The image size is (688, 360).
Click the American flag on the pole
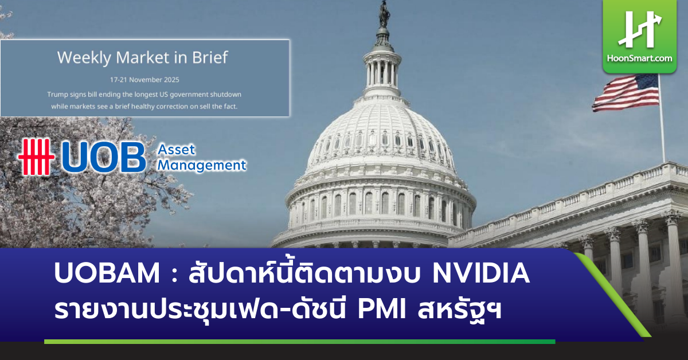[x=626, y=92]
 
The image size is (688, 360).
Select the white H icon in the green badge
[x=639, y=30]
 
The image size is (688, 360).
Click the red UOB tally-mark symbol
[x=36, y=156]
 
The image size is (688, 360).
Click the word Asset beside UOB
[x=177, y=150]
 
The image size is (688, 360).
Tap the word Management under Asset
[x=202, y=165]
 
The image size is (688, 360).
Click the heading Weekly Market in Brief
[x=143, y=57]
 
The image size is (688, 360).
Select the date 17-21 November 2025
[x=144, y=79]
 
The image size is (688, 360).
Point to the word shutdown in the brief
[x=222, y=93]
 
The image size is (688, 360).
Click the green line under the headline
[x=298, y=342]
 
